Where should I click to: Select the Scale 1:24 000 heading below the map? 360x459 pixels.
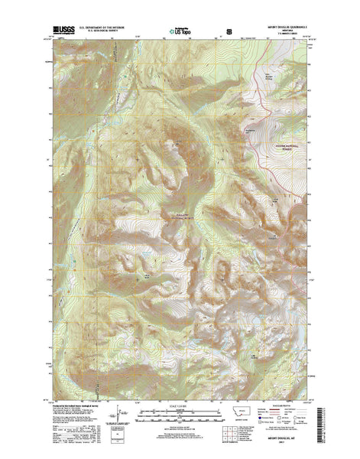coord(180,401)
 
